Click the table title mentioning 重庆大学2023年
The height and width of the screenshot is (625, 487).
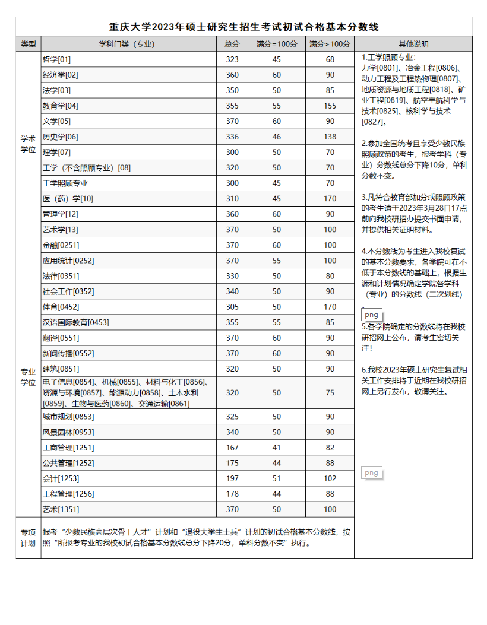click(243, 27)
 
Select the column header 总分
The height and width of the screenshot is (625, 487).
click(232, 44)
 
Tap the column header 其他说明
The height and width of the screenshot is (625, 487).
click(413, 44)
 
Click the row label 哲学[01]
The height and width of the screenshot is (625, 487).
click(56, 59)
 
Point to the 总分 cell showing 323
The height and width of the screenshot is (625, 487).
click(232, 59)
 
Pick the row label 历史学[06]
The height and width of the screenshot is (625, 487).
click(60, 137)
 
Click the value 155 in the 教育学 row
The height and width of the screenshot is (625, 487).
click(330, 106)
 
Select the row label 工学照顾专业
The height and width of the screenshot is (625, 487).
click(65, 183)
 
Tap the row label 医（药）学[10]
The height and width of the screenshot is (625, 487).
click(68, 198)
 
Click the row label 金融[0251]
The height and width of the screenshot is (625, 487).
click(61, 245)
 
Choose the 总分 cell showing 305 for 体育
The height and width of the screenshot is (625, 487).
click(232, 307)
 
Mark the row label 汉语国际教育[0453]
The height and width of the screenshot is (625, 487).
click(75, 322)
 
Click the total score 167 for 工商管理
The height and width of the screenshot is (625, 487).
click(232, 448)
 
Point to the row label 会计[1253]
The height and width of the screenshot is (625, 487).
click(61, 478)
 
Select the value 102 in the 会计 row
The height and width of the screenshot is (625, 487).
click(330, 478)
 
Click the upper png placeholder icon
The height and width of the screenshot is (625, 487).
click(372, 315)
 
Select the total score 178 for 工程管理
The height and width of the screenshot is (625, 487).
click(232, 494)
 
